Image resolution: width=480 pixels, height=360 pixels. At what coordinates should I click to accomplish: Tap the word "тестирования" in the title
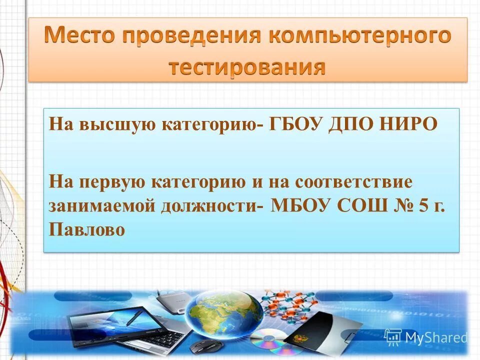click(247, 66)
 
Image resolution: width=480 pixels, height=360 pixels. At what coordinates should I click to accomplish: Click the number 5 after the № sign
click(423, 206)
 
